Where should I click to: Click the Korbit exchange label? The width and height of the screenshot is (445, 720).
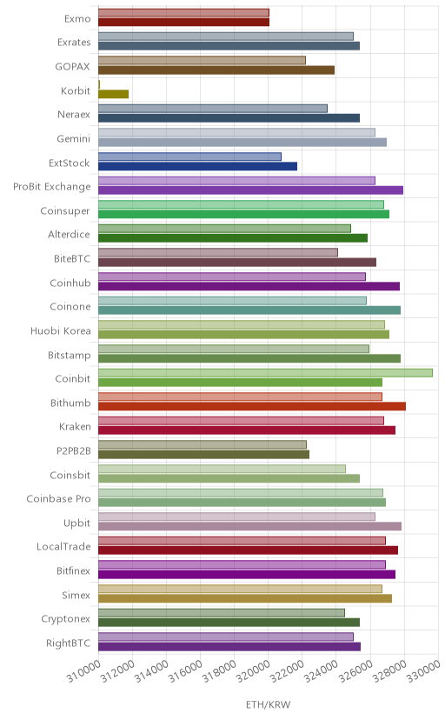click(76, 90)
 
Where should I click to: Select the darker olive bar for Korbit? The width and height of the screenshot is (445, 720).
click(113, 94)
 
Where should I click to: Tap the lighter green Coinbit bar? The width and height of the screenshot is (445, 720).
click(265, 373)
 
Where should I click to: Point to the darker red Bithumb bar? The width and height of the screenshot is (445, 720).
click(252, 406)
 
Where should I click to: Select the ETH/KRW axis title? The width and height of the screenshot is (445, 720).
click(268, 705)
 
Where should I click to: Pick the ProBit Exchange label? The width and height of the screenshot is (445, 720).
click(52, 186)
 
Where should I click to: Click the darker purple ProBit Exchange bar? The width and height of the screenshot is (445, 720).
click(250, 190)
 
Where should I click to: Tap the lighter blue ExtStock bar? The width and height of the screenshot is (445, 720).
click(189, 157)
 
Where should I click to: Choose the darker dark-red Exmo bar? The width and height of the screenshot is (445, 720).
click(183, 22)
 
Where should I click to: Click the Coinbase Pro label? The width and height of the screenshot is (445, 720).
click(59, 498)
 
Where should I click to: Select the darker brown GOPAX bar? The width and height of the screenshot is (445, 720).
click(216, 70)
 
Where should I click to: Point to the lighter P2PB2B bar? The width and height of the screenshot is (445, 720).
click(203, 444)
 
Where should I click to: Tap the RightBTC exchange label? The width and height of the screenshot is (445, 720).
click(69, 643)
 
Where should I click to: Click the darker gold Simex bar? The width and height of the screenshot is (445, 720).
click(245, 598)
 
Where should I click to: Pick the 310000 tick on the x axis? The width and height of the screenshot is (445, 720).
click(83, 672)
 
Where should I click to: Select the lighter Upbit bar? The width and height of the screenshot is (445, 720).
click(236, 517)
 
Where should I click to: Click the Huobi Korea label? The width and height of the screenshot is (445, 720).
click(61, 330)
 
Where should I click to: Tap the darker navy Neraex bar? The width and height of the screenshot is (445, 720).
click(229, 118)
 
